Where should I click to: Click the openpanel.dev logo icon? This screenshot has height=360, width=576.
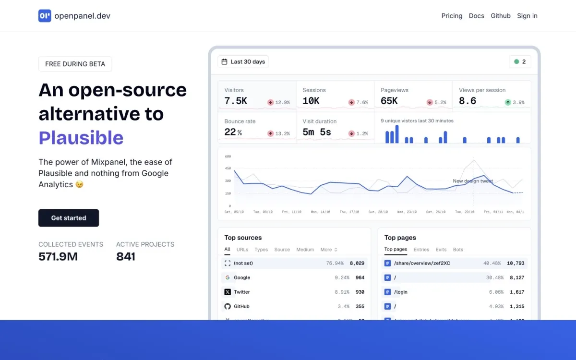(45, 16)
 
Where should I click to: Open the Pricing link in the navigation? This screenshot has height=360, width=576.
(452, 16)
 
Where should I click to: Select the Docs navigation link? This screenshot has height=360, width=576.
(476, 16)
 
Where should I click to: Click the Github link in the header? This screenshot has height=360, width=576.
(501, 16)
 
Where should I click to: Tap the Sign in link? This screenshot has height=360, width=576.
(527, 16)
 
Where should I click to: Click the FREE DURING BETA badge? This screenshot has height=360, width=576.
(75, 64)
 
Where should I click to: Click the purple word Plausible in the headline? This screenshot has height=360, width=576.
(81, 138)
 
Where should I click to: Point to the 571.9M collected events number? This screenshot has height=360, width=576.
(58, 257)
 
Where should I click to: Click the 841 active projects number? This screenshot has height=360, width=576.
(126, 257)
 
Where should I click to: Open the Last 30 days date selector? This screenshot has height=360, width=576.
(243, 62)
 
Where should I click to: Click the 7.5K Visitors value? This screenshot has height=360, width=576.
(236, 101)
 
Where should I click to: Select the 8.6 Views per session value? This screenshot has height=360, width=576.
(468, 101)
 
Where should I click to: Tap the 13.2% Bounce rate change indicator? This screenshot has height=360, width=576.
(278, 133)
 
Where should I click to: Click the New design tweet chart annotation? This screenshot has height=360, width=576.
(473, 181)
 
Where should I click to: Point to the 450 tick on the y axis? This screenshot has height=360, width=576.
(228, 168)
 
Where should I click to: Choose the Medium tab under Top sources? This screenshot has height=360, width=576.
(305, 250)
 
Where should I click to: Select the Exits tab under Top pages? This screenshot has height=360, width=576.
(441, 250)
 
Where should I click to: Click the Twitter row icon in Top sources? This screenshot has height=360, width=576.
(228, 292)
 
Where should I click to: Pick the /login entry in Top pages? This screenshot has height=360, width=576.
(400, 292)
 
